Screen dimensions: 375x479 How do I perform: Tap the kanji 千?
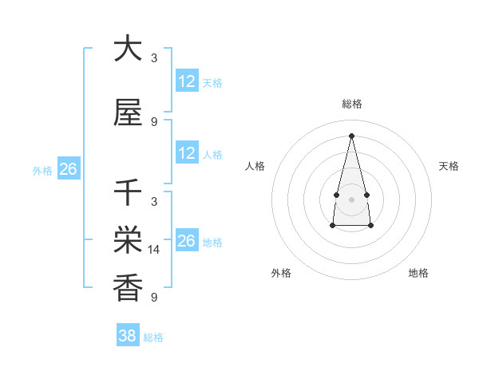point(128,193)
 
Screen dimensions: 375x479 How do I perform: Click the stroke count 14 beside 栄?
point(155,250)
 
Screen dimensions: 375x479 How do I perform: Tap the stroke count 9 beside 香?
point(154,298)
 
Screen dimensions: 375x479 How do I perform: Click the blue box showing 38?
point(128,336)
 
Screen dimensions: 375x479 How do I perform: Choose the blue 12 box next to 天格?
point(187,81)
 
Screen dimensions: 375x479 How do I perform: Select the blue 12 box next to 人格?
point(187,153)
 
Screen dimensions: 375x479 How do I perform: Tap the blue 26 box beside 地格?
point(187,241)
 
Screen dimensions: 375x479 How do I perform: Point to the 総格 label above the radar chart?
point(351,105)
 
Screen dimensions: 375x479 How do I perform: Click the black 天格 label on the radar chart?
point(449,166)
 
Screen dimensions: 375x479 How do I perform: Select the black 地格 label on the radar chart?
point(418,273)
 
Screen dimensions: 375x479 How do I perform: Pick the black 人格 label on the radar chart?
point(255,166)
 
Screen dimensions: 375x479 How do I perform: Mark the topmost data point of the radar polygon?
point(351,135)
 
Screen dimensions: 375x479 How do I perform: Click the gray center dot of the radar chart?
point(351,198)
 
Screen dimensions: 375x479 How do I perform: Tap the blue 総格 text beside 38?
point(153,337)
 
